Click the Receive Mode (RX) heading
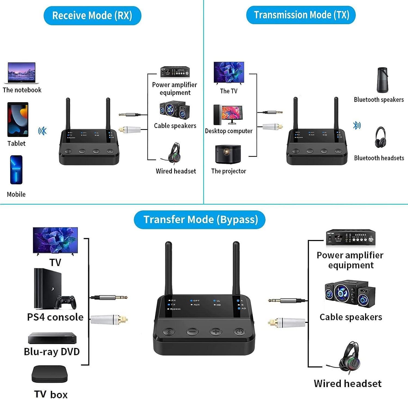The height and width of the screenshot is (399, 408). tap(92, 15)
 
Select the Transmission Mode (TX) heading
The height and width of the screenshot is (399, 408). tap(301, 15)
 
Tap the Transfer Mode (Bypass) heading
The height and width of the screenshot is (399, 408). tap(200, 220)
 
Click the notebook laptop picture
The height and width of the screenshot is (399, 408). tap(21, 73)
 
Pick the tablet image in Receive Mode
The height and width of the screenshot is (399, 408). tap(18, 120)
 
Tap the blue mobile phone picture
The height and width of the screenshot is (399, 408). tap(16, 170)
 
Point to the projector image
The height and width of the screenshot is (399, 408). tap(228, 154)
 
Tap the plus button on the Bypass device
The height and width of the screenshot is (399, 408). tap(216, 332)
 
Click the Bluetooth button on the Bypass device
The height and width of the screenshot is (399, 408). tap(168, 332)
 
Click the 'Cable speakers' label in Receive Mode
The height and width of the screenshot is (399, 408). tap(175, 126)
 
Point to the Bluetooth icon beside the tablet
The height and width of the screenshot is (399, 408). tap(42, 131)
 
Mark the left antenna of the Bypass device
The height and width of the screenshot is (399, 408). tap(169, 268)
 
